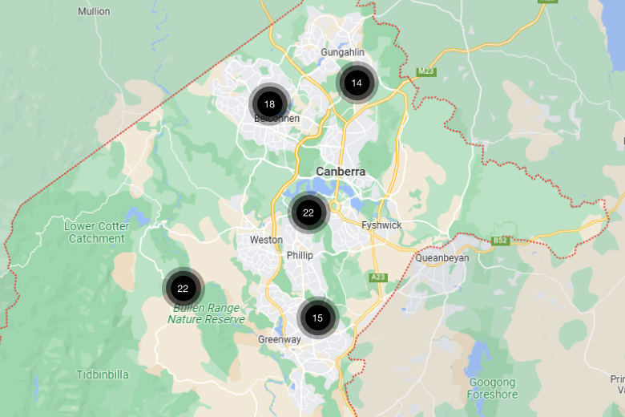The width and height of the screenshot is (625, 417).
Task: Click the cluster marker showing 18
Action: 269,104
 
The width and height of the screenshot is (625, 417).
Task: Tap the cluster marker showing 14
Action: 357,83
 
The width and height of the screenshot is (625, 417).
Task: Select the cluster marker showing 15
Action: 317,318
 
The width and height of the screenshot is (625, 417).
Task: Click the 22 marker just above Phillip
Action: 308,213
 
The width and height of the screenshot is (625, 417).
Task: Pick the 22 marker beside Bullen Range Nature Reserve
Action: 183,289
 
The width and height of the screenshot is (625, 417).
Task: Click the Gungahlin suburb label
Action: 342,52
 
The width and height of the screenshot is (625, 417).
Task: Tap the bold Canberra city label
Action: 341,172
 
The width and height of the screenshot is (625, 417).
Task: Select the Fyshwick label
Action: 381,225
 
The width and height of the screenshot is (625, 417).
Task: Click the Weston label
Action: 266,240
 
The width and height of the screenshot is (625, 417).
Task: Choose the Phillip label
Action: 300,255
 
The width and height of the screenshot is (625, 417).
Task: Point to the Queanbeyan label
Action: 442,258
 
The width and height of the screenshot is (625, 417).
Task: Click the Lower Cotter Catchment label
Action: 96,233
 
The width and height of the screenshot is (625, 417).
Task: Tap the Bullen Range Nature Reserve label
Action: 206,314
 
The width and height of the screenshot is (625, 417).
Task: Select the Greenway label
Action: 279,340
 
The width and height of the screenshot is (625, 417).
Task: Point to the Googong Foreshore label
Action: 492,388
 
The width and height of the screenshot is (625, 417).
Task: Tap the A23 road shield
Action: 378,277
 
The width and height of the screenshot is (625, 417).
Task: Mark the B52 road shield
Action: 501,240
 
